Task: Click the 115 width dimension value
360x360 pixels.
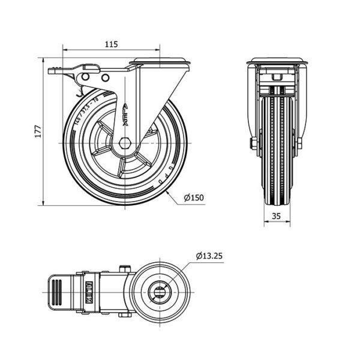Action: [x=111, y=44]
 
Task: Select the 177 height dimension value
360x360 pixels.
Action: [x=37, y=132]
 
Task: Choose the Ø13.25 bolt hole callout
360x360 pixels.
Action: [x=209, y=256]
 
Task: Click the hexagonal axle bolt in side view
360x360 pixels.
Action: [x=125, y=143]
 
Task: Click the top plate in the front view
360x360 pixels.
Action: [x=277, y=61]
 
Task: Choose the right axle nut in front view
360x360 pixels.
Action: [x=299, y=143]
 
